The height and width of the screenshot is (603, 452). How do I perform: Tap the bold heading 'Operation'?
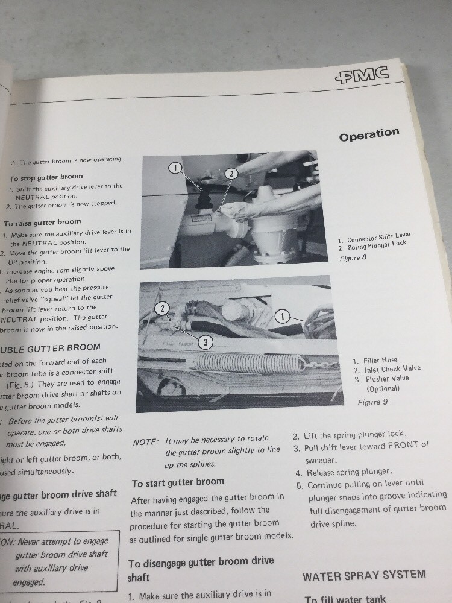pos(369,134)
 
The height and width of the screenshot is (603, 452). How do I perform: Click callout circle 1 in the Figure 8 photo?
pos(174,168)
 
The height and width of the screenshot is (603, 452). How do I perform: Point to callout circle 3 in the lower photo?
pos(206,342)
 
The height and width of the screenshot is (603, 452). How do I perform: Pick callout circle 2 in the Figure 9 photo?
pos(162,308)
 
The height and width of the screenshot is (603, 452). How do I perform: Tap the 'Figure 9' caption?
pos(369,402)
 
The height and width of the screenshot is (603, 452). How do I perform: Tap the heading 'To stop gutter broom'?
pos(46,177)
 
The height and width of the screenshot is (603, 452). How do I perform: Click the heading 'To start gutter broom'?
pos(177,482)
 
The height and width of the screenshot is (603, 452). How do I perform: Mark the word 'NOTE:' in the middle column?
pos(145,441)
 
